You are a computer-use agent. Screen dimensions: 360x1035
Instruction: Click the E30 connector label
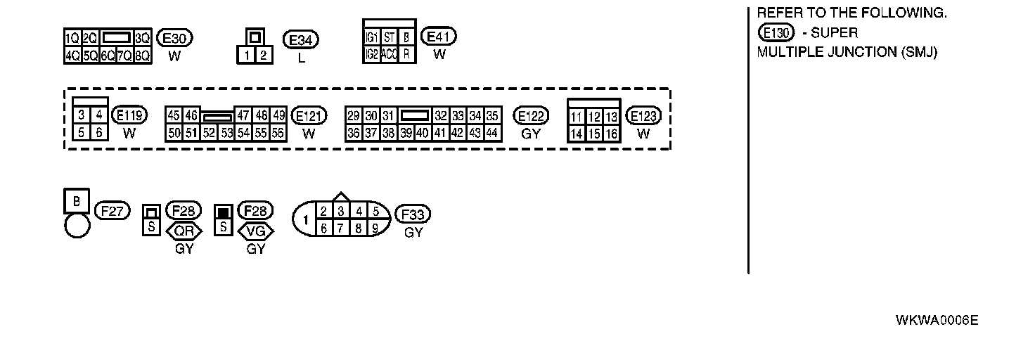click(x=174, y=38)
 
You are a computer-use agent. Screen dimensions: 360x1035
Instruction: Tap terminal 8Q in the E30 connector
click(x=143, y=55)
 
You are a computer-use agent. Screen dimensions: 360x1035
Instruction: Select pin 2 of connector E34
click(x=262, y=55)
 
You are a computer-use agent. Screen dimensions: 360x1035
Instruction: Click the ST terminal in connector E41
click(x=390, y=38)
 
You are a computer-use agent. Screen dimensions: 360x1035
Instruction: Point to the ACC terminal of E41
click(x=390, y=54)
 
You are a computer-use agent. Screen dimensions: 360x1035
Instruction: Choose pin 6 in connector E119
click(x=99, y=132)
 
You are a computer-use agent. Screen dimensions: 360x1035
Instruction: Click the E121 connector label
click(x=309, y=116)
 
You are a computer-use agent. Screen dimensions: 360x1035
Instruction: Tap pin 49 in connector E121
click(x=278, y=115)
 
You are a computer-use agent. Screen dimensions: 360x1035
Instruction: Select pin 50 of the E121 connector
click(x=173, y=132)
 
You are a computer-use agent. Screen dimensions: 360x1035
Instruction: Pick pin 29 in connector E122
click(x=354, y=115)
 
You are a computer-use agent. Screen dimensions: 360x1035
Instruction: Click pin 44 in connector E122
click(x=492, y=132)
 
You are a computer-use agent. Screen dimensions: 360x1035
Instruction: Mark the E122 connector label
click(x=531, y=116)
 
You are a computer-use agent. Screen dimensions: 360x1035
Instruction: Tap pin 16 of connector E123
click(x=611, y=134)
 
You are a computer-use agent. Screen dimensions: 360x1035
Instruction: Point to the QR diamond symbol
click(x=184, y=231)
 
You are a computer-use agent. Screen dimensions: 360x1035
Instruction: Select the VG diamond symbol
click(x=256, y=231)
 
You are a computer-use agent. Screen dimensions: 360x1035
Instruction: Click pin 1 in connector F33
click(x=305, y=219)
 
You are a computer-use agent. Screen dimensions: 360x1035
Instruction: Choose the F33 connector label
click(x=413, y=214)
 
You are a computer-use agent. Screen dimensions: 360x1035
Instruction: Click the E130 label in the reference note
click(x=776, y=32)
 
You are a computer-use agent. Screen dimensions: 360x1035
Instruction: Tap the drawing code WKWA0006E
click(x=937, y=321)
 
